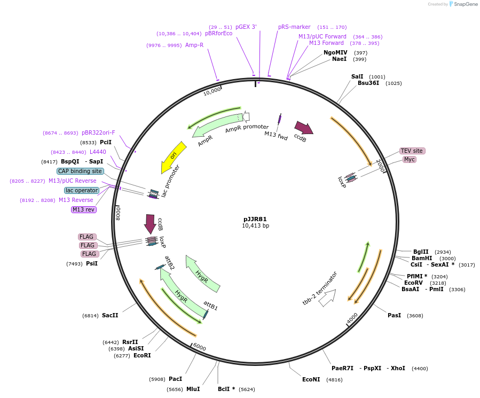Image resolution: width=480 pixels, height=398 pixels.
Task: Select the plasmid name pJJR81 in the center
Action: coord(255,218)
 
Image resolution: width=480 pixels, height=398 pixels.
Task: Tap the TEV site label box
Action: coord(412,151)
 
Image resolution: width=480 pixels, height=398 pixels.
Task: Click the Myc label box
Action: coord(410,159)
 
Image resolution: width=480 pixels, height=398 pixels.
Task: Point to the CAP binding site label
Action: coord(80,171)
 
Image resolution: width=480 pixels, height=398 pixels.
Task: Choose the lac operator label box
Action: coord(82,190)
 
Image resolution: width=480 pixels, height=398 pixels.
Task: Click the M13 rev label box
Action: coord(84,209)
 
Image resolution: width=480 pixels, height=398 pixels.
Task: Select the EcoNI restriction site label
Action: coord(311,379)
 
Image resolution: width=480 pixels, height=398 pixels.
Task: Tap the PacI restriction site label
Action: coord(176,379)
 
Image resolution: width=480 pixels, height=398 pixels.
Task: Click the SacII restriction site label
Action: coord(110,315)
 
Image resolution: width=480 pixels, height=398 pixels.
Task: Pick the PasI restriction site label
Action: coord(394,315)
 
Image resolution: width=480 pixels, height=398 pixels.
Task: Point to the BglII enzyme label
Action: coord(421,252)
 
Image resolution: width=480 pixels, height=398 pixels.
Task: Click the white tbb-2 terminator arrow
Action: coord(327,298)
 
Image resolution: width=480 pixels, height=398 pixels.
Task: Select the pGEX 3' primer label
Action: coord(246,27)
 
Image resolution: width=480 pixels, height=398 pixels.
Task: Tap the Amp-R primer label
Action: coord(194,45)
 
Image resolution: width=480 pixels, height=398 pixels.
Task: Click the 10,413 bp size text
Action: coord(255,226)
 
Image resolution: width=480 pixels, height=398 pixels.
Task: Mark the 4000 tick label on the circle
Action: coord(352,318)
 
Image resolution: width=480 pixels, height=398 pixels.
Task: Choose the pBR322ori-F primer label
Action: coord(98,132)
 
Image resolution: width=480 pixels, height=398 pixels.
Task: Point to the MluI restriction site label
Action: coord(193,389)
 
